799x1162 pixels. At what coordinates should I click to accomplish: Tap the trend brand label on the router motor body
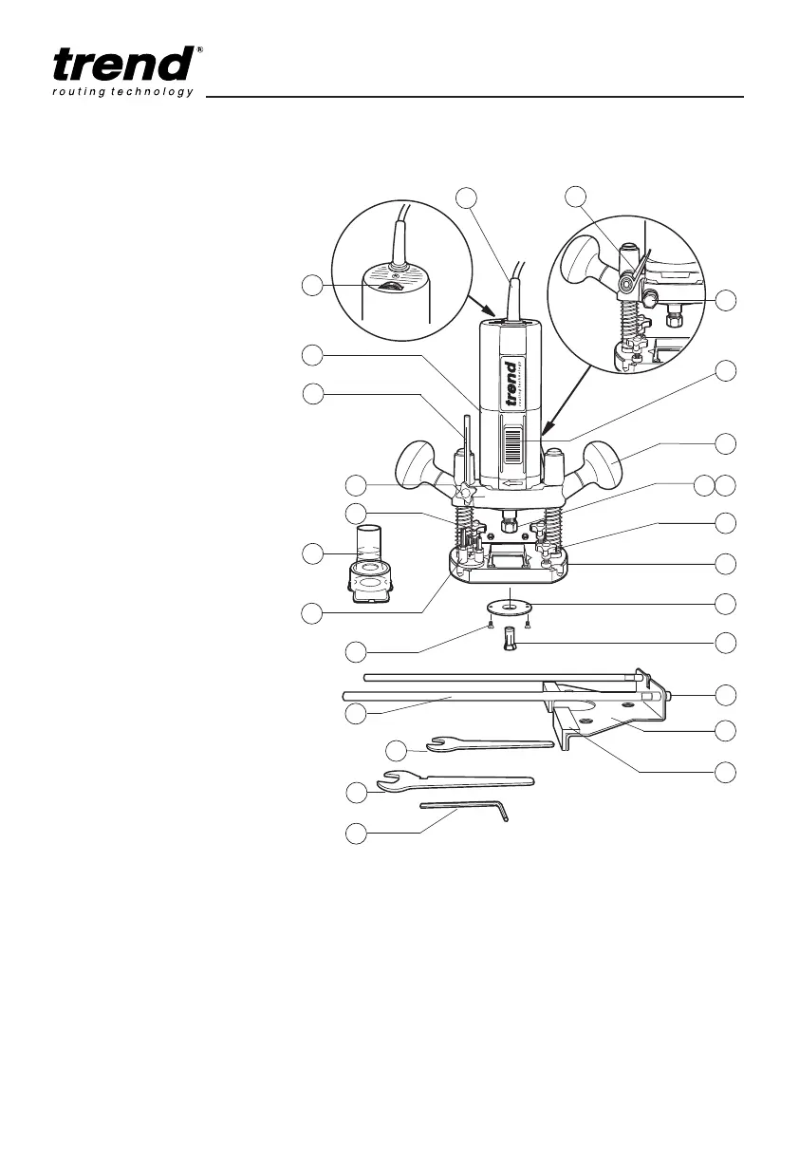point(511,384)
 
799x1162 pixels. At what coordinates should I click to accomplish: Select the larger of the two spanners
point(455,781)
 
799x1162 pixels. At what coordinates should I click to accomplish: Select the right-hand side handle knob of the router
point(603,464)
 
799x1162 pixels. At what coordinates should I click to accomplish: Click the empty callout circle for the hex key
point(356,834)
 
